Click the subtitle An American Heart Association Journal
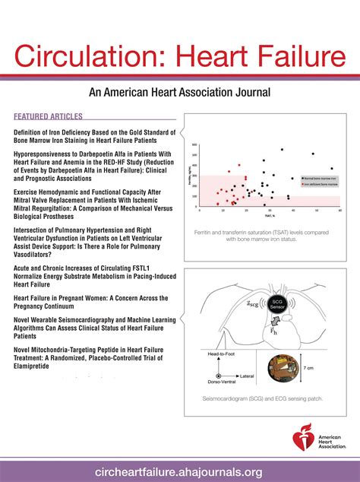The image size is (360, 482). click(x=179, y=93)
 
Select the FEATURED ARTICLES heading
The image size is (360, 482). click(x=48, y=117)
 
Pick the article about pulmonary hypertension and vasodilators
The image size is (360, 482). click(x=94, y=246)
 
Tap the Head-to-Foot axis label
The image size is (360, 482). click(x=223, y=353)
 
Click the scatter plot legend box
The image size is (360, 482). click(x=317, y=179)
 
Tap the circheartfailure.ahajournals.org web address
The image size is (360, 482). click(x=179, y=471)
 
